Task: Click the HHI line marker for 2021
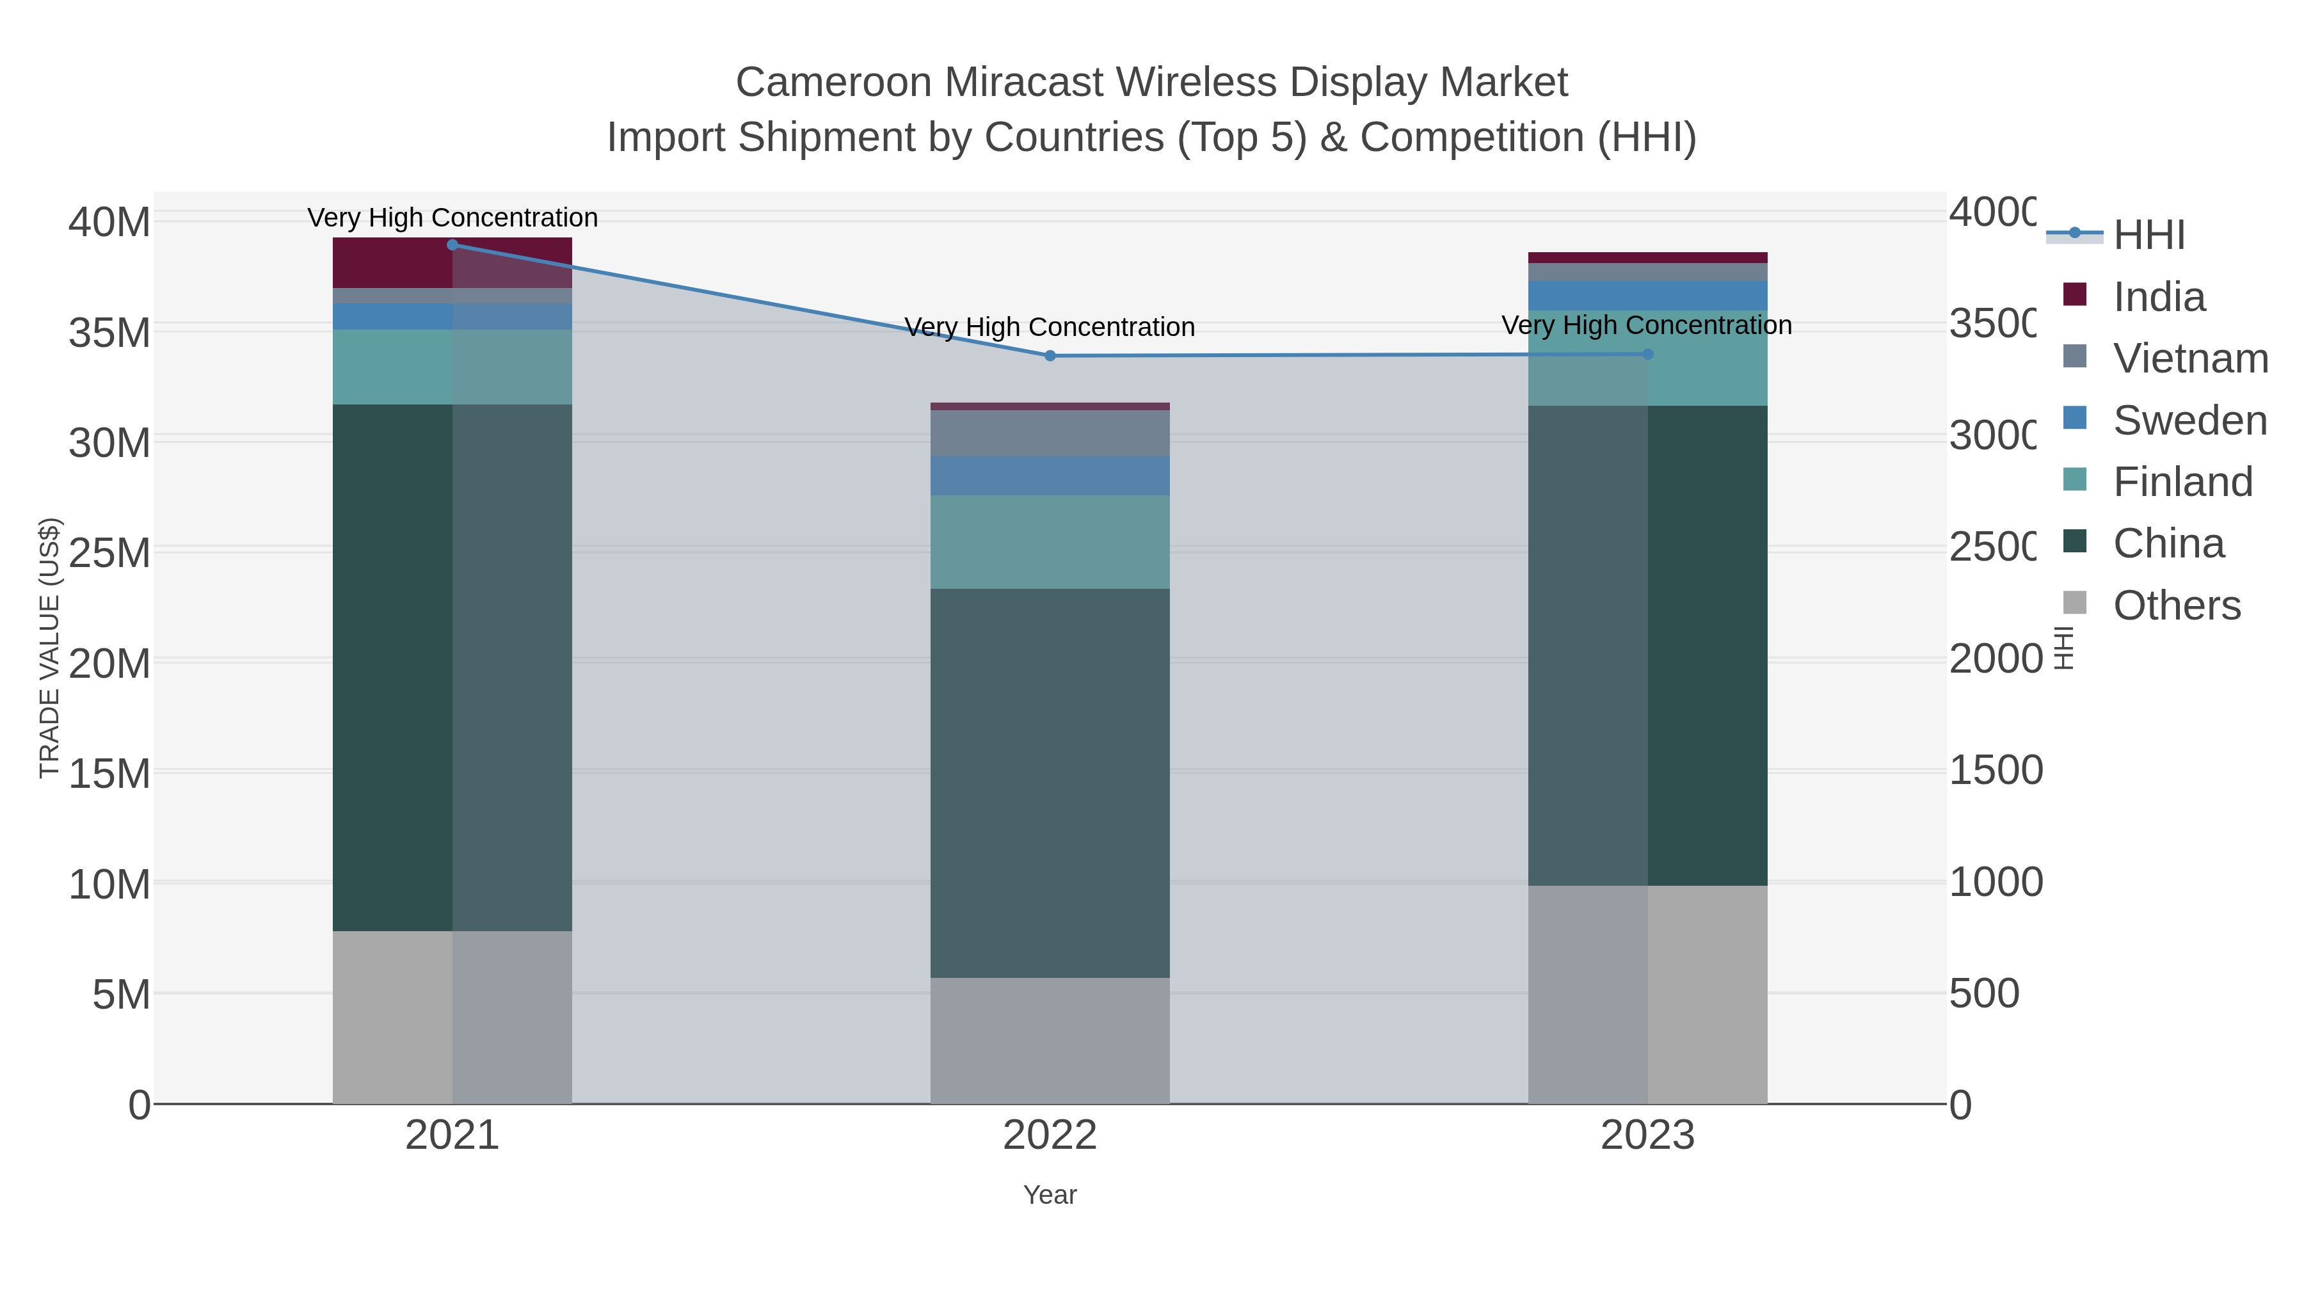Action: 452,245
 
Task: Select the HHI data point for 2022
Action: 1050,356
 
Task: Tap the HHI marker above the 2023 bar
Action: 1647,354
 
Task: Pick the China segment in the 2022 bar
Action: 1050,783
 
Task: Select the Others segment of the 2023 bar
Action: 1647,995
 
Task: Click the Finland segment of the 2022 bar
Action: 1050,542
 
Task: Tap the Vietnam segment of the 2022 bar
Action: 1050,434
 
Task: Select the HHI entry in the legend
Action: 2148,236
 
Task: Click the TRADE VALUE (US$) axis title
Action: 49,648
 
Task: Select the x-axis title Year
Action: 1050,1195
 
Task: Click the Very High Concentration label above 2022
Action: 1050,327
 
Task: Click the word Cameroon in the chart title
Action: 833,83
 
